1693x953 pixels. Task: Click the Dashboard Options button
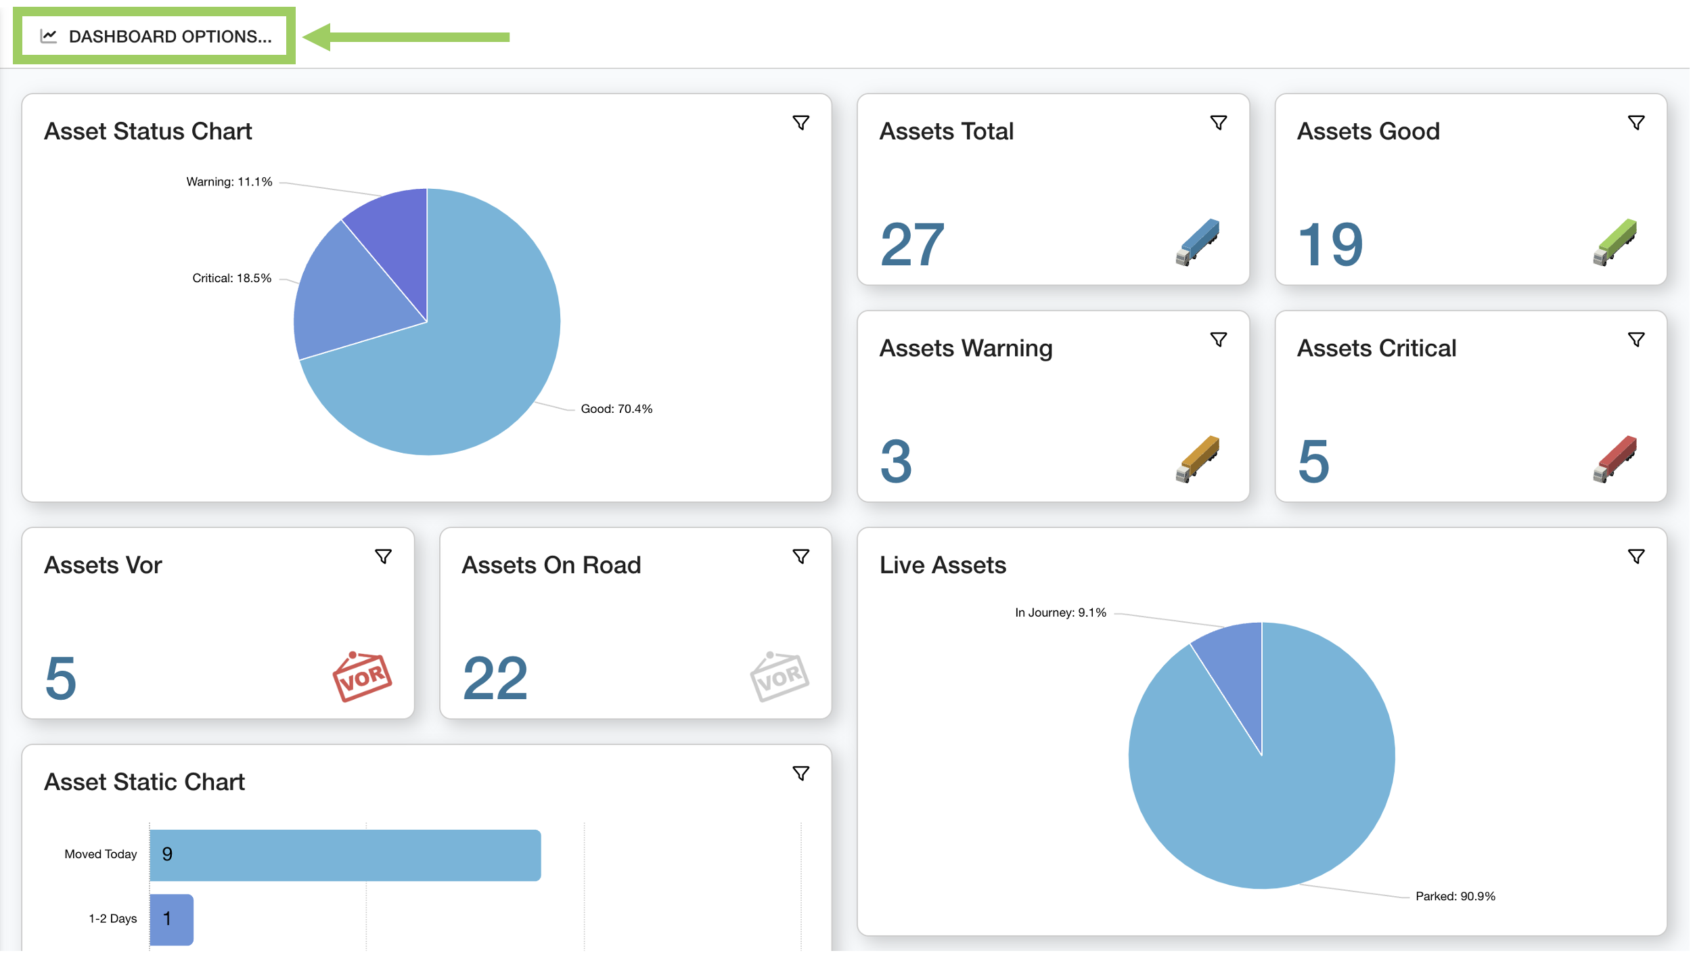[x=155, y=37]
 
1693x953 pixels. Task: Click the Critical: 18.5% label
[x=231, y=279]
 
